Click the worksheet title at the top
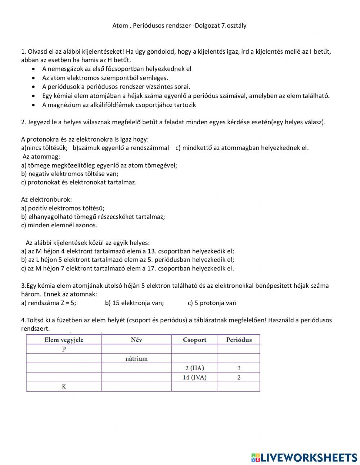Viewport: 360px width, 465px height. tap(179, 26)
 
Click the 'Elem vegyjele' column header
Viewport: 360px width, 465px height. tap(64, 340)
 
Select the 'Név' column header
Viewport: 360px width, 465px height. tap(136, 340)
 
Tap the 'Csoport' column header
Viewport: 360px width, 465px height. tap(194, 340)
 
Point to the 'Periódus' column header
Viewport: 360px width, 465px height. tap(239, 340)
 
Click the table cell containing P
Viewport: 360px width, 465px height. tap(64, 349)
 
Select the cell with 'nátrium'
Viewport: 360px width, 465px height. tap(136, 358)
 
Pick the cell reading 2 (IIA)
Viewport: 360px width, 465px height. tap(194, 368)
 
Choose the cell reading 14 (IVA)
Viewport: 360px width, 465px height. tap(194, 377)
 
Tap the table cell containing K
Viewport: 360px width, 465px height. tap(64, 387)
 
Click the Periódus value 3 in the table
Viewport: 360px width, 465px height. tap(239, 368)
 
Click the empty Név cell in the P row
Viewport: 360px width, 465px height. tap(136, 349)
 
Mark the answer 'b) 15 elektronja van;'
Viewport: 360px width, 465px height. tap(134, 303)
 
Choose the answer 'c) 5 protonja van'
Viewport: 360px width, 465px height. tap(212, 303)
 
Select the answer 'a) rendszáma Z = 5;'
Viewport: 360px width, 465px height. tap(49, 303)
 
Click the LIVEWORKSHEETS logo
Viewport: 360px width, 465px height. tap(304, 457)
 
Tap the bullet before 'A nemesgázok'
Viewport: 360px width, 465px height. tap(33, 69)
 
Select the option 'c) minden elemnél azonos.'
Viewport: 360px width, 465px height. tap(59, 225)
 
